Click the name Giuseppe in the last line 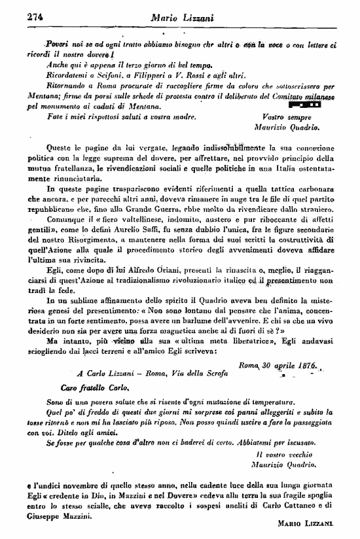(48, 514)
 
